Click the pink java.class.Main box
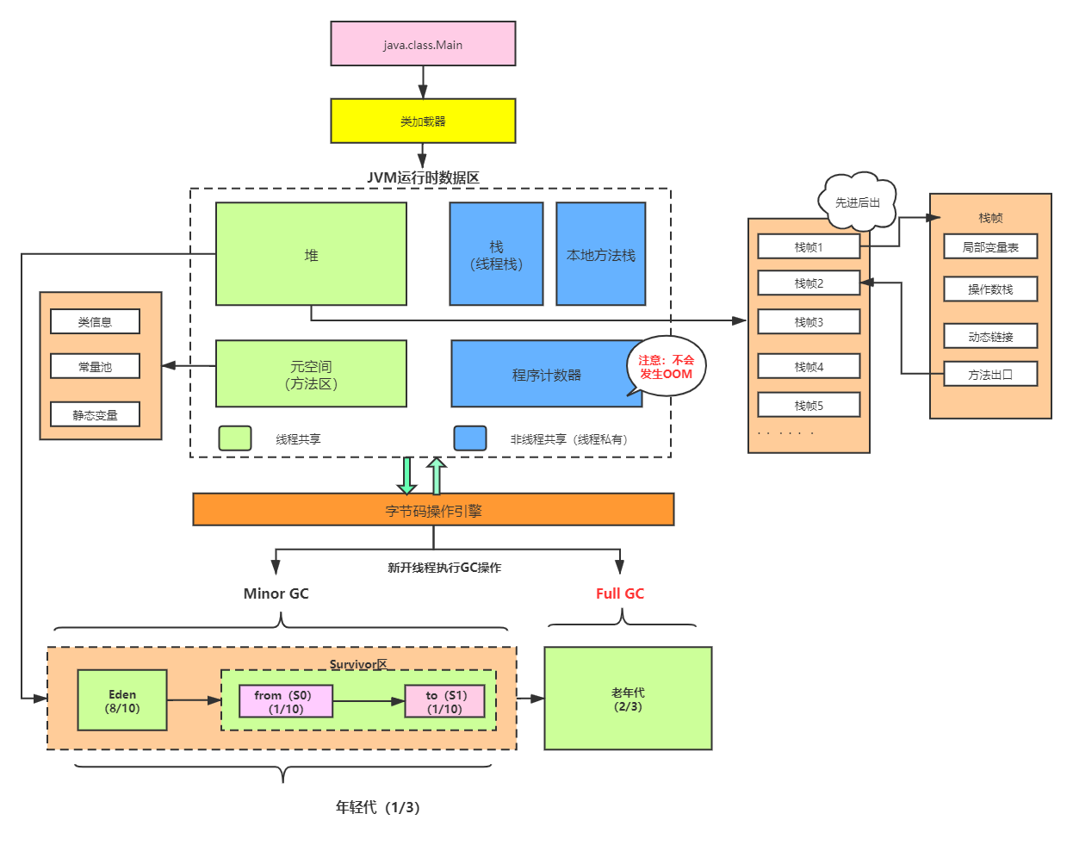pyautogui.click(x=423, y=44)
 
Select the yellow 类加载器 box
pyautogui.click(x=423, y=121)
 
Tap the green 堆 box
pyautogui.click(x=311, y=254)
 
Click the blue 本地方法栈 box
pyautogui.click(x=600, y=254)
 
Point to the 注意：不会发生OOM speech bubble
pyautogui.click(x=667, y=367)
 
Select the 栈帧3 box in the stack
pyautogui.click(x=809, y=322)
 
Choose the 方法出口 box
pyautogui.click(x=990, y=375)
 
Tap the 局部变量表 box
pyautogui.click(x=990, y=247)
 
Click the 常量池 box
pyautogui.click(x=95, y=367)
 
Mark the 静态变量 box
pyautogui.click(x=95, y=415)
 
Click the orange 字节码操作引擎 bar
pyautogui.click(x=433, y=510)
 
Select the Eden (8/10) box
pyautogui.click(x=122, y=701)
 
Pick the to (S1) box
pyautogui.click(x=445, y=702)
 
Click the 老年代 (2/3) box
pyautogui.click(x=628, y=699)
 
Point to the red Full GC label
pyautogui.click(x=620, y=593)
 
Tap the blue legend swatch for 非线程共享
pyautogui.click(x=470, y=438)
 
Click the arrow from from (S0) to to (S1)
pyautogui.click(x=369, y=701)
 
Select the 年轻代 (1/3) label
pyautogui.click(x=377, y=807)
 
